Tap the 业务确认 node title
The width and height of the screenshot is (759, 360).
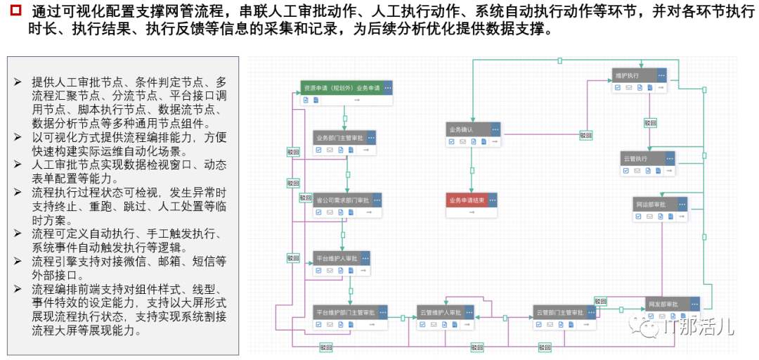461,130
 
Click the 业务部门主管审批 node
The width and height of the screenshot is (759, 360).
338,138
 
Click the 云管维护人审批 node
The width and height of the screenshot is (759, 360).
440,312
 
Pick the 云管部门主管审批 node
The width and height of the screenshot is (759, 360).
559,312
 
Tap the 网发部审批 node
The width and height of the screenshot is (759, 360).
663,304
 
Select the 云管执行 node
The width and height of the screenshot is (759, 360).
635,159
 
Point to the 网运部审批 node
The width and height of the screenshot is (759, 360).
650,205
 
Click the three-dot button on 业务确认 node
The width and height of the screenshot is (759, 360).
495,130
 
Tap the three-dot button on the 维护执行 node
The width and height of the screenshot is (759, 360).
661,75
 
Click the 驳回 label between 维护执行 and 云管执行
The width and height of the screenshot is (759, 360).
650,123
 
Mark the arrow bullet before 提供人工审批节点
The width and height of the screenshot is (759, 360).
18,82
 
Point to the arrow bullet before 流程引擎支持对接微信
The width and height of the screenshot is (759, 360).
18,262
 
